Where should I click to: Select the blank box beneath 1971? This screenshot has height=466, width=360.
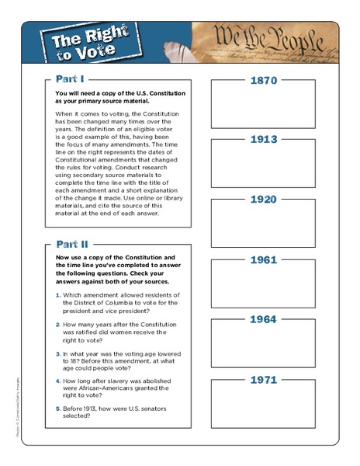[263, 409]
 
